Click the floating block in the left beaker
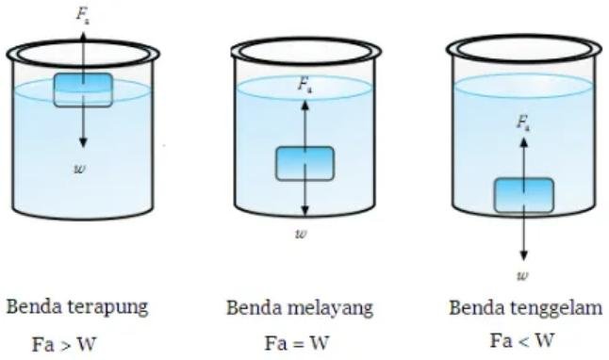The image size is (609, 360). (x=83, y=90)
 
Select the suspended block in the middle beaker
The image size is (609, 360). (x=304, y=162)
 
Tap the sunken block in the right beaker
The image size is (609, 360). (x=524, y=195)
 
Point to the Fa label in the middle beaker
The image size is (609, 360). (x=304, y=85)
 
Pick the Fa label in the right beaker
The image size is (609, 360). (x=524, y=122)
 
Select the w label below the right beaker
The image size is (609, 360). (x=523, y=275)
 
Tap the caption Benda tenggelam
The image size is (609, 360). (x=525, y=308)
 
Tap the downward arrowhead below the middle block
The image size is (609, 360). (x=304, y=213)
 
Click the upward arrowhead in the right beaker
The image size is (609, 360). (x=524, y=139)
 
